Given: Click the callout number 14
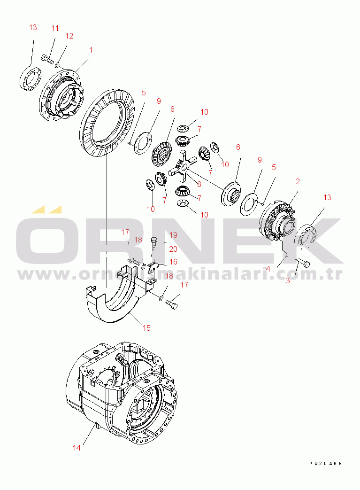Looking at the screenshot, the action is tap(77, 448).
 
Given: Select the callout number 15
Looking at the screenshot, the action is tap(146, 328).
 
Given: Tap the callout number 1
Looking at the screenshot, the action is tap(91, 50).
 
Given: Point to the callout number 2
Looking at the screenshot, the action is tap(298, 181).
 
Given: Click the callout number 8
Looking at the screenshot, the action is tap(199, 184).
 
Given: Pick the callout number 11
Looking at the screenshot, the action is tap(55, 29).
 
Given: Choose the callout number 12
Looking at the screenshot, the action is tap(69, 36).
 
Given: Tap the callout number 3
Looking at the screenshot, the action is tap(288, 280).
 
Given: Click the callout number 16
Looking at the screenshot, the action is tap(173, 262).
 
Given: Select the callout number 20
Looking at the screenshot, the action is tap(173, 249).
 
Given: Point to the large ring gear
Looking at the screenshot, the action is tap(107, 123).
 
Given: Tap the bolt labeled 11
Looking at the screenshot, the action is tap(47, 59).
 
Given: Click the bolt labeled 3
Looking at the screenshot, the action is tap(303, 263).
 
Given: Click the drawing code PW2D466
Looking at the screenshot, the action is tap(326, 463).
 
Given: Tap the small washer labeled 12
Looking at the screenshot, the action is tap(57, 65).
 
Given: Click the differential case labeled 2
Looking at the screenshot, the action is tap(277, 221).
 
